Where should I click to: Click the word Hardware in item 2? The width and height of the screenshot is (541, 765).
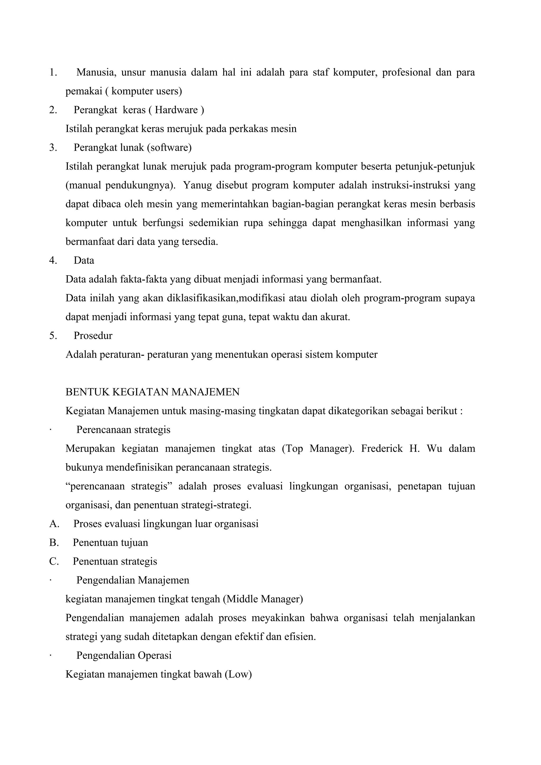(x=176, y=110)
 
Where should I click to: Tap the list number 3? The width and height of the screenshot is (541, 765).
(x=53, y=148)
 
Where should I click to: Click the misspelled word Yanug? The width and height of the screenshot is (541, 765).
(x=197, y=185)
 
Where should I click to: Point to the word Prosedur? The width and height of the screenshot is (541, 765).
(x=93, y=335)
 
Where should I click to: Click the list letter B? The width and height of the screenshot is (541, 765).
(x=53, y=543)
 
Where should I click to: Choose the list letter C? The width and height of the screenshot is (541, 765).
(x=53, y=562)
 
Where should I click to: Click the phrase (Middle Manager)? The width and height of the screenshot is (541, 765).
(x=263, y=599)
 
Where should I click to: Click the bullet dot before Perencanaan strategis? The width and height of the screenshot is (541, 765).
(x=50, y=430)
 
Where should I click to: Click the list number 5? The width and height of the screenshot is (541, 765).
(x=53, y=335)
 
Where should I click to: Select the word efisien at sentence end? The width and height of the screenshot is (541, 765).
(x=300, y=637)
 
